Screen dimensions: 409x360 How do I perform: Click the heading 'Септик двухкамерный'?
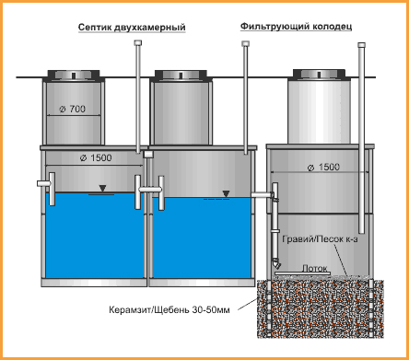[x=132, y=28]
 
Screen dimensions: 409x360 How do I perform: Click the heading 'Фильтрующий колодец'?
[x=296, y=27]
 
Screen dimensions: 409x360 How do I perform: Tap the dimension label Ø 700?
[x=73, y=109]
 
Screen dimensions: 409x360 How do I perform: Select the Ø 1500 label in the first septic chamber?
[x=96, y=158]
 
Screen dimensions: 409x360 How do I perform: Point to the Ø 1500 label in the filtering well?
[x=323, y=168]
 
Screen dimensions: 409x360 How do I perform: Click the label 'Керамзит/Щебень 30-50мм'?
[x=169, y=309]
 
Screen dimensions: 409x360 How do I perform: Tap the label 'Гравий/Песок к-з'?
[x=320, y=238]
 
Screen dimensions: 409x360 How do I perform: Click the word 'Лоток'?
[x=314, y=268]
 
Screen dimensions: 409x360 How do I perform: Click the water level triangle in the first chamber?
[x=102, y=189]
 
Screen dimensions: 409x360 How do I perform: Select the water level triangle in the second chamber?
[x=226, y=193]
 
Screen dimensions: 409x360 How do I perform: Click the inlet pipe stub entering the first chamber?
[x=43, y=183]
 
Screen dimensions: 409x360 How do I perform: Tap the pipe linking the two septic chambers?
[x=150, y=190]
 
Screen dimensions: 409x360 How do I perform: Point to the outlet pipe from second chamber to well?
[x=262, y=194]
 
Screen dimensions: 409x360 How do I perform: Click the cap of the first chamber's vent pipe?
[x=138, y=42]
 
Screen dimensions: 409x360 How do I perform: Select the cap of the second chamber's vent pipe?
[x=245, y=43]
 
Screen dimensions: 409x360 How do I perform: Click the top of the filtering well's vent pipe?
[x=362, y=45]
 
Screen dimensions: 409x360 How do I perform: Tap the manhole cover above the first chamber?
[x=74, y=75]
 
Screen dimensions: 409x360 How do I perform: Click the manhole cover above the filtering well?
[x=319, y=74]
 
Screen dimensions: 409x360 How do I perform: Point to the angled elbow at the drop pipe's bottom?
[x=275, y=264]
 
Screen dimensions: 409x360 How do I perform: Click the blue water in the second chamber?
[x=202, y=238]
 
